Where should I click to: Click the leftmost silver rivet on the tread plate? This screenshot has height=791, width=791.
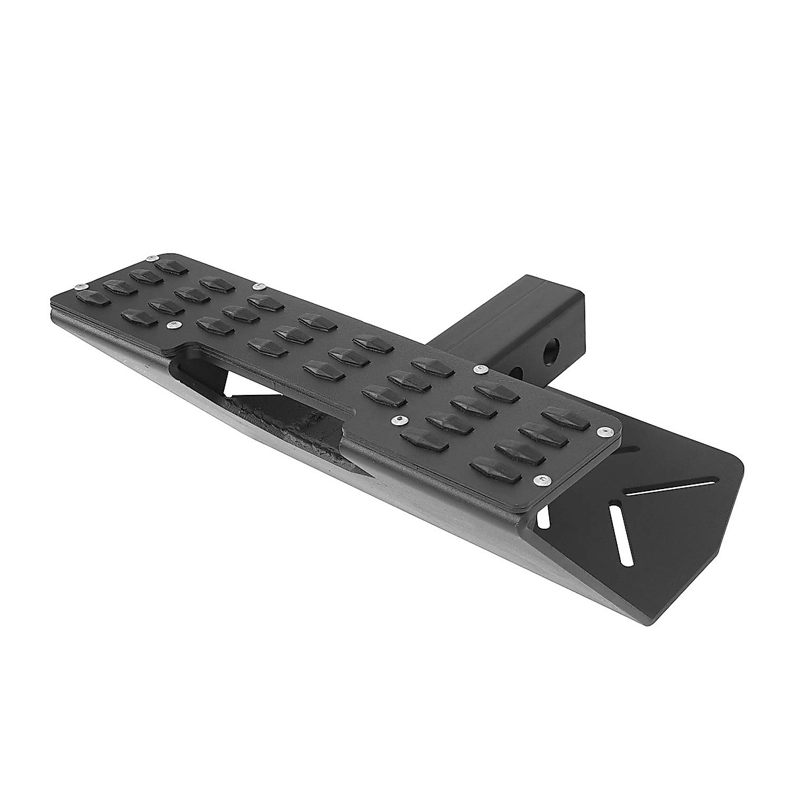tap(78, 285)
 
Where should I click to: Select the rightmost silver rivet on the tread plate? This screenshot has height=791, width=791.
tap(601, 431)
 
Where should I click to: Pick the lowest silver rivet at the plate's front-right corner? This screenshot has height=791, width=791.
tap(541, 479)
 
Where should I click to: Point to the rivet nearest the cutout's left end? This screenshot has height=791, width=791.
tap(173, 324)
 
